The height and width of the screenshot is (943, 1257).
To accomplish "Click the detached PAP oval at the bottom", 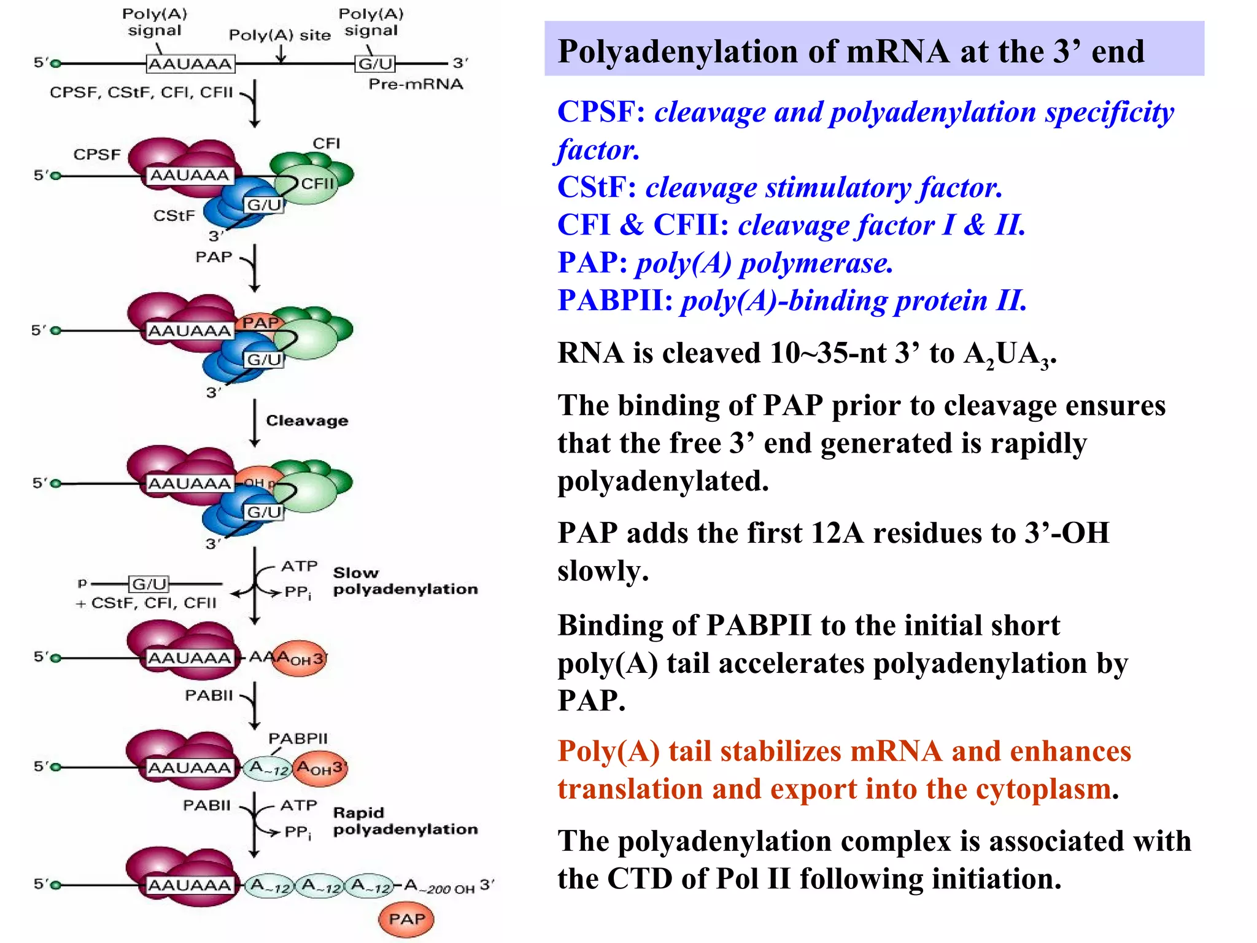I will point(406,919).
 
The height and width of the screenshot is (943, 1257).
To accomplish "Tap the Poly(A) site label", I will point(279,35).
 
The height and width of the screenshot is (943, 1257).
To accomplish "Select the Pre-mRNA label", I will point(416,84).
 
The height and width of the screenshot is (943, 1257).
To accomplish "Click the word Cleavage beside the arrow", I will point(307,421).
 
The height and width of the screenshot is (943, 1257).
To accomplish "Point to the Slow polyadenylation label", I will point(404,581).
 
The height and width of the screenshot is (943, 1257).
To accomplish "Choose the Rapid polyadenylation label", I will point(404,821).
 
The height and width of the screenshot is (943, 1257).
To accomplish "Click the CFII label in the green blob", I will point(317,184).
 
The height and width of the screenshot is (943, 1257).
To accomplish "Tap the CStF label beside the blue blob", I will point(174,215).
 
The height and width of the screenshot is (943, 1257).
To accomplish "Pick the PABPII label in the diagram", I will point(298,738).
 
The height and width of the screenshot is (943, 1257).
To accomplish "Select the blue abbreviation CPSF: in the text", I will point(601,112).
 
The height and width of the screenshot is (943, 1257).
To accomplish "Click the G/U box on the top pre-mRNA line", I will point(375,63).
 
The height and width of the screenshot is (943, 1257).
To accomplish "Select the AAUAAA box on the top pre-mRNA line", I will point(190,63).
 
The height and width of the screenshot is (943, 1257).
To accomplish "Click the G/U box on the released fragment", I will point(149,583).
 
